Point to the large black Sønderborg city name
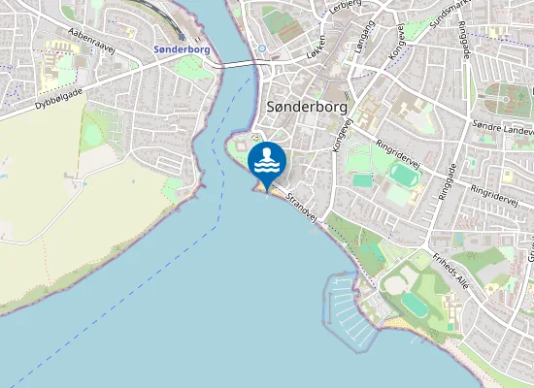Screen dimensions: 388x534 306,107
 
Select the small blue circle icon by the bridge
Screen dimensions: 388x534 261,48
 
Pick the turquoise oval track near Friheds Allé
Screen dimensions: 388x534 413,304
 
